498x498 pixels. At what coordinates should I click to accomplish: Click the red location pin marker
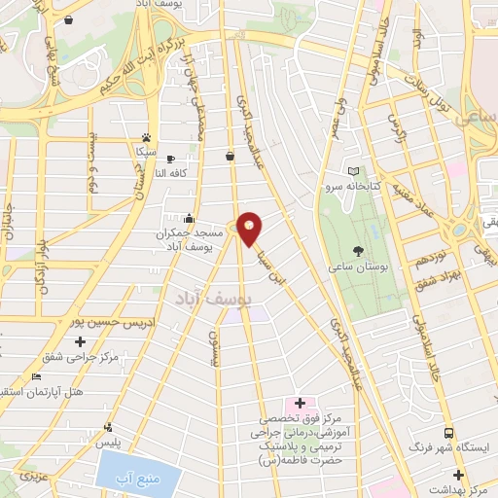[250, 229]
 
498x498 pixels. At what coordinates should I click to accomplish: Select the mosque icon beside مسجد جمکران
[188, 219]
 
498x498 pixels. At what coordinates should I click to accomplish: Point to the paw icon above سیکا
[146, 138]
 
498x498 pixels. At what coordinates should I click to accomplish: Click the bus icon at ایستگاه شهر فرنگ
[448, 433]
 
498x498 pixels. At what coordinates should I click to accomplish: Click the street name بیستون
[215, 345]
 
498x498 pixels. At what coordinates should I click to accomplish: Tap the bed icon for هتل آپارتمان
[37, 377]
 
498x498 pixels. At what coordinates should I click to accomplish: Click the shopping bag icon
[231, 155]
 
